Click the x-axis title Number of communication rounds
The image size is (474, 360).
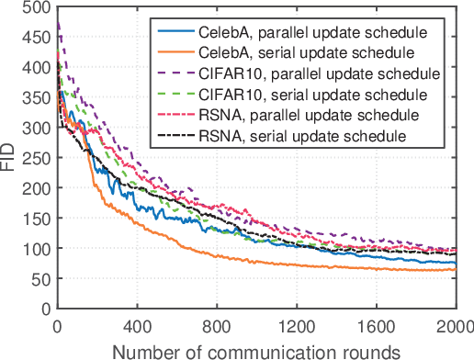257,350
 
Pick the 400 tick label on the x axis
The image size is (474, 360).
137,325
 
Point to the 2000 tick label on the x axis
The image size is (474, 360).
455,325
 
